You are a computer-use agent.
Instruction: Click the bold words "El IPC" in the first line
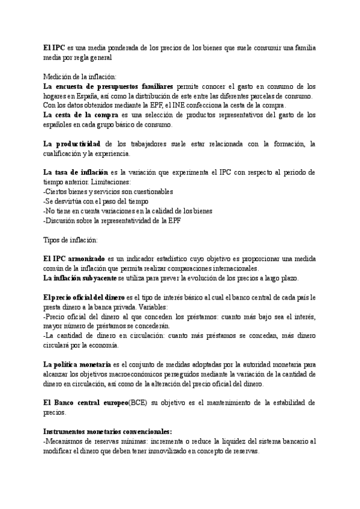54,47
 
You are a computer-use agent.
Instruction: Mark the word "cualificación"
63,154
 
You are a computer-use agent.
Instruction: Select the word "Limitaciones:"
113,182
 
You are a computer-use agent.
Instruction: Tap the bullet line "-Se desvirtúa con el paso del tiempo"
96,202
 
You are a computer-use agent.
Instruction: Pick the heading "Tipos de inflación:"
70,240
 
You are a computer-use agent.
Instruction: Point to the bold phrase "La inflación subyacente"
80,278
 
